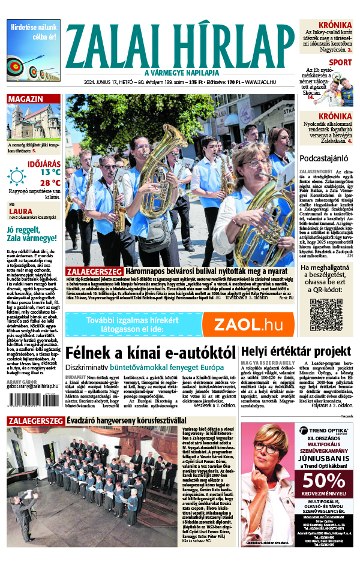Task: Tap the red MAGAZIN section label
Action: pos(26,99)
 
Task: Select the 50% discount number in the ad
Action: pos(323,481)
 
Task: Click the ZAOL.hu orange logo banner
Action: pos(248,324)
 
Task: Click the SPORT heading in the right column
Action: pos(340,62)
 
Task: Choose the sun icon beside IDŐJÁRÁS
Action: pos(17,176)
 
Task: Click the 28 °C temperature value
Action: pos(50,182)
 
